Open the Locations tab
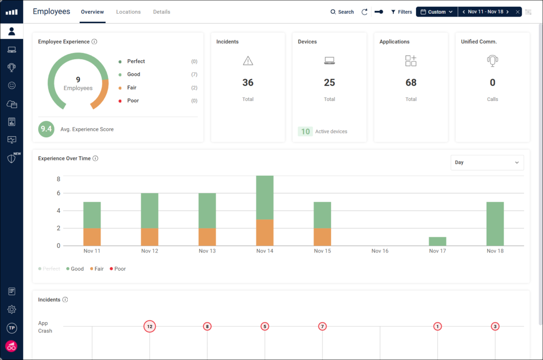pos(128,12)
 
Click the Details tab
pos(162,12)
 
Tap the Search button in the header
pos(342,12)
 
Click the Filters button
pos(401,12)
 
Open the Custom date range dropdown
pos(436,12)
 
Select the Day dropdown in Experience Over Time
pos(487,162)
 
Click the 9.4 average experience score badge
pos(46,129)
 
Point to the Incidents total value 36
pos(248,82)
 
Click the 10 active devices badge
pos(306,131)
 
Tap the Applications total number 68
pos(411,82)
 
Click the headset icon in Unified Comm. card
pos(492,61)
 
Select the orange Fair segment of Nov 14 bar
pos(264,232)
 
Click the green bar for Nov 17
pos(437,241)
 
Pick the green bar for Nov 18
pos(495,224)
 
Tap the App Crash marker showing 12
pos(150,326)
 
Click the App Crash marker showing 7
pos(322,326)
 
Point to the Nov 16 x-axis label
pos(380,251)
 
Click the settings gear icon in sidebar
pos(12,309)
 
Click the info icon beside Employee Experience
pos(94,42)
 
